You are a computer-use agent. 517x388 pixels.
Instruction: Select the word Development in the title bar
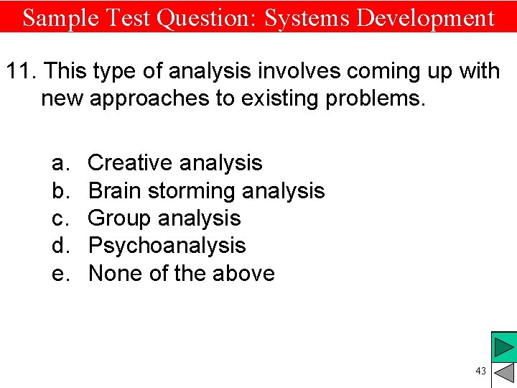pos(426,17)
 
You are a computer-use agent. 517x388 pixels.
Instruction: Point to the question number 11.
pos(21,71)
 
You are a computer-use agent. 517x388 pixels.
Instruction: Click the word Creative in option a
pos(129,163)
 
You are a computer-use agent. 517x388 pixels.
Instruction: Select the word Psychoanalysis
pos(167,246)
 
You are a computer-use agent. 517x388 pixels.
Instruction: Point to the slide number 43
pos(480,371)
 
